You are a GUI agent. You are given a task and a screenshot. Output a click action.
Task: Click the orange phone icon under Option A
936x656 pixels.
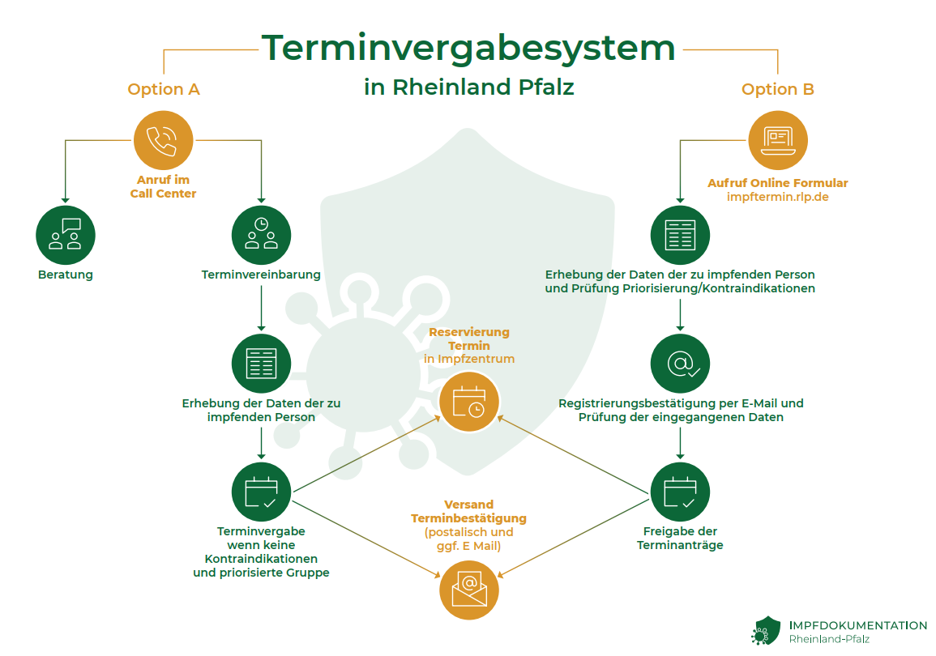[x=163, y=141]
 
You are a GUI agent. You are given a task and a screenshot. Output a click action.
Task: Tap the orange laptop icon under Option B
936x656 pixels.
[x=777, y=141]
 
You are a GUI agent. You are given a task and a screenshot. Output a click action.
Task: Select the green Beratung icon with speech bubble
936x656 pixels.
[x=66, y=235]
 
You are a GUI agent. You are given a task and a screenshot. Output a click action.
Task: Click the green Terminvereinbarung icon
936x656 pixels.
[x=261, y=235]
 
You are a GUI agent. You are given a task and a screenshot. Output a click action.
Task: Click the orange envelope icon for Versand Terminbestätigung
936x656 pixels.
[x=469, y=590]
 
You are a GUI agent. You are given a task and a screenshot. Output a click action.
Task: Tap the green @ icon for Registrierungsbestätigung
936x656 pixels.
[x=680, y=364]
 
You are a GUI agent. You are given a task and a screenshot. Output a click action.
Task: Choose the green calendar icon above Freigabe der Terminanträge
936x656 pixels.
[x=680, y=492]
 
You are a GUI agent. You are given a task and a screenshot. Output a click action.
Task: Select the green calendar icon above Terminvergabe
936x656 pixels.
[x=261, y=492]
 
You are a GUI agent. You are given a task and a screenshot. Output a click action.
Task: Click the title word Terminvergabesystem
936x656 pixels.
[x=468, y=48]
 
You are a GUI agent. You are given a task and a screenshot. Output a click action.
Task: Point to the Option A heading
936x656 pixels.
[x=164, y=89]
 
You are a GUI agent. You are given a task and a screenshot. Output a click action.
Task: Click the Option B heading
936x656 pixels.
[x=777, y=89]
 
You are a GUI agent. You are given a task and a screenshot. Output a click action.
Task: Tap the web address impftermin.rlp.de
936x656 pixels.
[x=777, y=197]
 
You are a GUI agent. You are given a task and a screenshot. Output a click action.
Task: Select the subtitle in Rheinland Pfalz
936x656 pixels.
[x=468, y=87]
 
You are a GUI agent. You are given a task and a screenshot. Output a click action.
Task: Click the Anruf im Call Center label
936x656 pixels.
[x=163, y=186]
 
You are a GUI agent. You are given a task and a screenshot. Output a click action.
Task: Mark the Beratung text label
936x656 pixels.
[x=66, y=275]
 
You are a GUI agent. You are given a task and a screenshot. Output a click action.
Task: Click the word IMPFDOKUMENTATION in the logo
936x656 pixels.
[x=858, y=625]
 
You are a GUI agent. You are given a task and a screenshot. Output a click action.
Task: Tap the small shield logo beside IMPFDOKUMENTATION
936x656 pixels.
[x=766, y=631]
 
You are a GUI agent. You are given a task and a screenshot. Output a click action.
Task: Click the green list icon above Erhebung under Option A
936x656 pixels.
[x=261, y=364]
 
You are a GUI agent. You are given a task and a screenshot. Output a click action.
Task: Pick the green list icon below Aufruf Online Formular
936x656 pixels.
[x=680, y=235]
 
